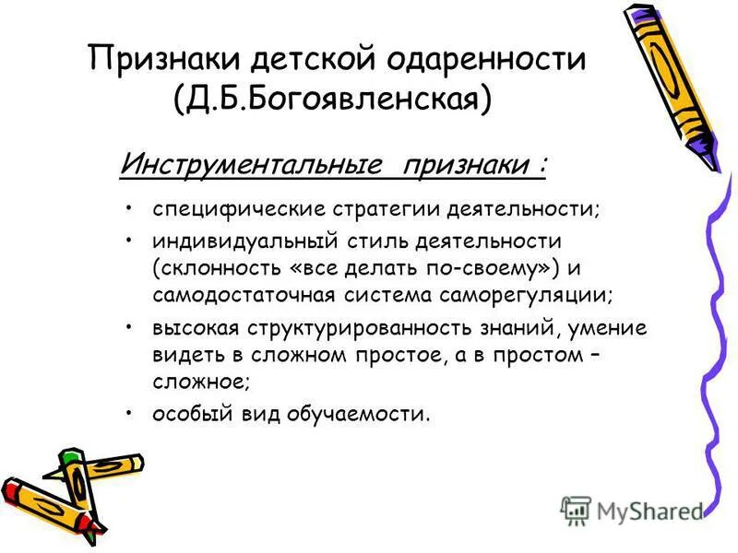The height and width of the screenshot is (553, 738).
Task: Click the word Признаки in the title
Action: pyautogui.click(x=159, y=61)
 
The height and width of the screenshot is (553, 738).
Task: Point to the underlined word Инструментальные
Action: pyautogui.click(x=251, y=167)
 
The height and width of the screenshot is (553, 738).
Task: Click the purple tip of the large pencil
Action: pyautogui.click(x=707, y=157)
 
